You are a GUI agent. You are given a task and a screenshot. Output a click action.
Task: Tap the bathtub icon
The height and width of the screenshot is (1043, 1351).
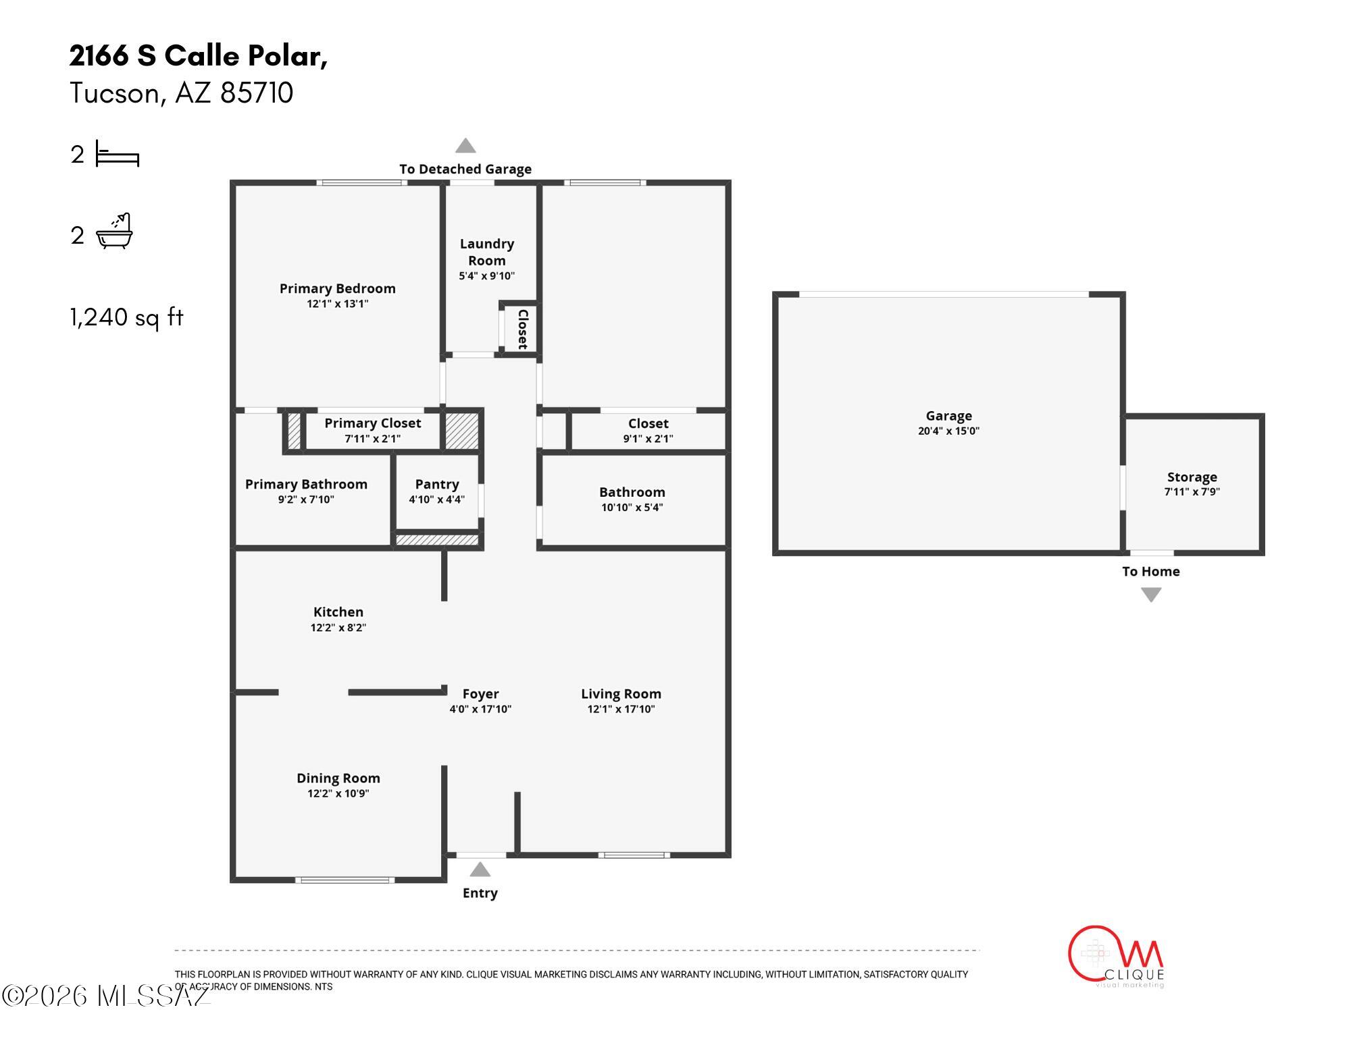(115, 232)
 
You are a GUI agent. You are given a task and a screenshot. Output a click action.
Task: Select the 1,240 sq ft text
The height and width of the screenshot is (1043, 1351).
(126, 317)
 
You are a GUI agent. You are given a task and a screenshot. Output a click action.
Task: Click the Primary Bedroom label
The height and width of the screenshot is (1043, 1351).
(338, 288)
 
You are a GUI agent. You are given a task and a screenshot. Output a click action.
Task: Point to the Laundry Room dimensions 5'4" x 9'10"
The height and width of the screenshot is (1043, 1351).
(487, 275)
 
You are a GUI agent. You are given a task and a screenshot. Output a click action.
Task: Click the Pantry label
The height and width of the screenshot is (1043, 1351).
(437, 484)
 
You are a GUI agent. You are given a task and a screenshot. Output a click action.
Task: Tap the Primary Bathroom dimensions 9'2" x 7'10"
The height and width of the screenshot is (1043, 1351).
(306, 500)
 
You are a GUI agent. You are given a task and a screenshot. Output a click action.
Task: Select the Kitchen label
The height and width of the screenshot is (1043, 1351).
(338, 612)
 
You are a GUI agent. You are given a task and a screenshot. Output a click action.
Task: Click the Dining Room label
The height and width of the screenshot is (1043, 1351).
(338, 778)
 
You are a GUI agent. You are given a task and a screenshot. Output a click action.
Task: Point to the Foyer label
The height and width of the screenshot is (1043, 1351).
(481, 693)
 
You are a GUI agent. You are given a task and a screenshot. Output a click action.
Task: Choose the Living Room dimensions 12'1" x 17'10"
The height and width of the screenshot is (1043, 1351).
(621, 709)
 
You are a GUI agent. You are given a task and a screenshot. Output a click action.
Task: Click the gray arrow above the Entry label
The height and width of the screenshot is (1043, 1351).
(480, 869)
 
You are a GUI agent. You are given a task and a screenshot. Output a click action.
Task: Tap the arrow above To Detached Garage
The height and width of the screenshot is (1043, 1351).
(465, 145)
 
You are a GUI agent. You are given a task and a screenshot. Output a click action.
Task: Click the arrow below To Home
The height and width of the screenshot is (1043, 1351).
(1151, 594)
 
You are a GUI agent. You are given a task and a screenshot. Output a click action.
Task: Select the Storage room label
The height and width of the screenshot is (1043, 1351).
(1192, 477)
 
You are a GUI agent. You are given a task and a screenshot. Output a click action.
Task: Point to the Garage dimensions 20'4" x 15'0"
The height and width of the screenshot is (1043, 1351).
(949, 431)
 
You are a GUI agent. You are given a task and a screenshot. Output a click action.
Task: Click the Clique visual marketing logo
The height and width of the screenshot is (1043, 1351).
(1116, 957)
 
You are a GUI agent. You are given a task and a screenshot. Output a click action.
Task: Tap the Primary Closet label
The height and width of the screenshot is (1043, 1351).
(373, 423)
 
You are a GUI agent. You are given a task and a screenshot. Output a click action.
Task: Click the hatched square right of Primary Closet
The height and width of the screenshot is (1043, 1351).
(462, 430)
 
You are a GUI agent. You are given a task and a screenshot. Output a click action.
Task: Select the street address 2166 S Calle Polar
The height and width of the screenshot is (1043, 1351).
(199, 55)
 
